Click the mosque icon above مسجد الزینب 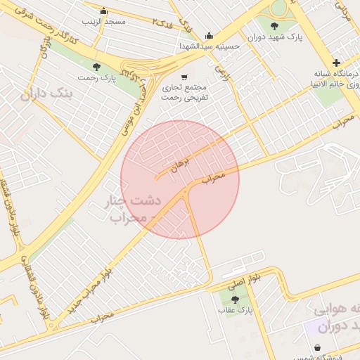(x=104, y=11)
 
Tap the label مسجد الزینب (x=103, y=22)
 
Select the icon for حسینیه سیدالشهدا (x=209, y=36)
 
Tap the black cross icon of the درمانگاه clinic (x=336, y=63)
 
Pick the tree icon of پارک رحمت (x=96, y=67)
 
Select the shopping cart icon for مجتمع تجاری (x=184, y=77)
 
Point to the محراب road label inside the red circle (x=216, y=176)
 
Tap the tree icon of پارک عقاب (x=235, y=299)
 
